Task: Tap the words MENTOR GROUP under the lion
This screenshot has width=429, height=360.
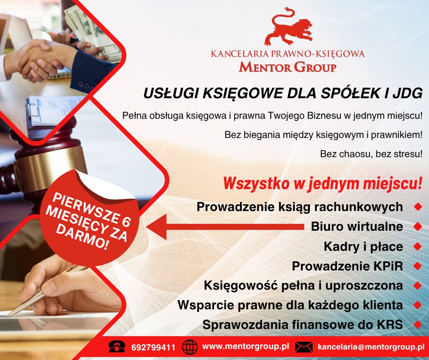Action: point(288,68)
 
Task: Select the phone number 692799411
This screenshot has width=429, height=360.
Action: point(153,348)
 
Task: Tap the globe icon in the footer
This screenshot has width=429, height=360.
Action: point(189,348)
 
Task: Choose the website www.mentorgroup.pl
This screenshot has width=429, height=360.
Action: point(246,347)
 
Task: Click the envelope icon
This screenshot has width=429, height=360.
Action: point(303,347)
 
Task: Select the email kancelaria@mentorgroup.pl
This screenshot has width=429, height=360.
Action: point(371,347)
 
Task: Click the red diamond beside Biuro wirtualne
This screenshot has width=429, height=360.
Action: point(417,227)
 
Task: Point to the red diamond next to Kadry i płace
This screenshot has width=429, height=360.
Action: point(417,247)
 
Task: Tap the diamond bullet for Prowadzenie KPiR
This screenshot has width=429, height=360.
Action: point(417,266)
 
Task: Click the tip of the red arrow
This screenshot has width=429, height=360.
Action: point(147,225)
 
